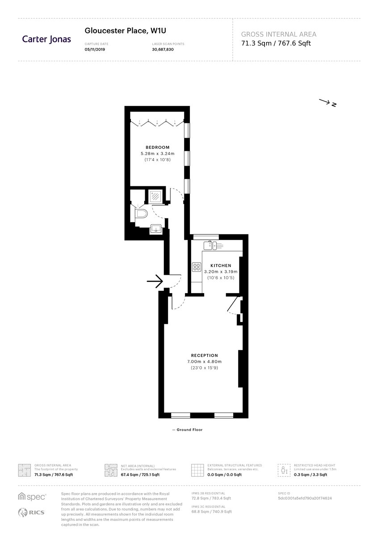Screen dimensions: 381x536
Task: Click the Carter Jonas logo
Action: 46,39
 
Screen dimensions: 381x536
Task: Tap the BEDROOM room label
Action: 158,147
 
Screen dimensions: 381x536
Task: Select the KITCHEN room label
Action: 221,266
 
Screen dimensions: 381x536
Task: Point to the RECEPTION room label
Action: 205,356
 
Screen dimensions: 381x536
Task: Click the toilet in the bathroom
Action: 141,214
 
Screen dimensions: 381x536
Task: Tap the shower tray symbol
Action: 155,197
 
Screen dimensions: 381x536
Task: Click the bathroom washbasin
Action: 156,229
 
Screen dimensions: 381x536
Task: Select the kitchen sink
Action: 210,245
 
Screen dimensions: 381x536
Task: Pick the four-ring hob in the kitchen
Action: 197,267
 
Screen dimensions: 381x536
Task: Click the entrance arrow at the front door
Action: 155,281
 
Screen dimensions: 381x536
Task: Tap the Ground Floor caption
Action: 188,430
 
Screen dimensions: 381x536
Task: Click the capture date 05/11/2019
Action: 95,50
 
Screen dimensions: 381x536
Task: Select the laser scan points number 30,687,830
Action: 163,50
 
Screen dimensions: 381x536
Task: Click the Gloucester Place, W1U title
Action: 125,31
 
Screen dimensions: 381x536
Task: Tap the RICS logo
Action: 31,512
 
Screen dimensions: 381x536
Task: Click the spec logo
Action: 32,497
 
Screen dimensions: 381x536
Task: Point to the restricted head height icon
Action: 284,470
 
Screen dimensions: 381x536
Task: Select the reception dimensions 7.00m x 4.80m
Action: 205,361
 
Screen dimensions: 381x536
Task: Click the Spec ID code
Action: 305,498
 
